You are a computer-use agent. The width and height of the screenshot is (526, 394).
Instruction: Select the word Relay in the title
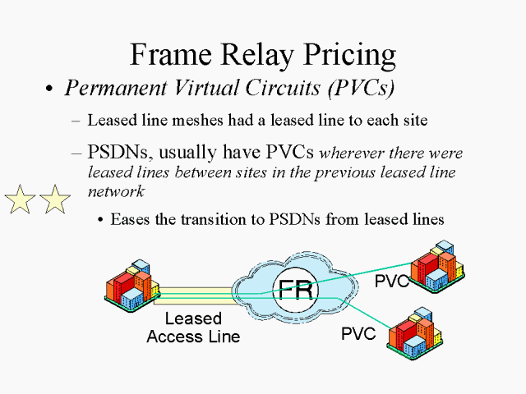251,55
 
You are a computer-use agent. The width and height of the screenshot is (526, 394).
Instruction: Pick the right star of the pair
54,199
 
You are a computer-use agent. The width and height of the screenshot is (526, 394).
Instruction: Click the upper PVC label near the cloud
393,282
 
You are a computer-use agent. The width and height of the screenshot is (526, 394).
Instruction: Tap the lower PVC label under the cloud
358,334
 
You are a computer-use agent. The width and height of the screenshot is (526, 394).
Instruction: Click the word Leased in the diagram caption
193,318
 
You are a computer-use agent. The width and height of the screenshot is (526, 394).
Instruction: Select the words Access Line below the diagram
193,337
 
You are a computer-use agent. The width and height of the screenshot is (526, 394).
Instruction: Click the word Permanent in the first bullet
106,87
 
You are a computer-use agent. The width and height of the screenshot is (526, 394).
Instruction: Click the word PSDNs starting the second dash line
115,153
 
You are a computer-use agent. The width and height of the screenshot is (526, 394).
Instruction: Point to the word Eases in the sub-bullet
128,219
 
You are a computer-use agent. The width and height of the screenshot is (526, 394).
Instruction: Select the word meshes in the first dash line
193,120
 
